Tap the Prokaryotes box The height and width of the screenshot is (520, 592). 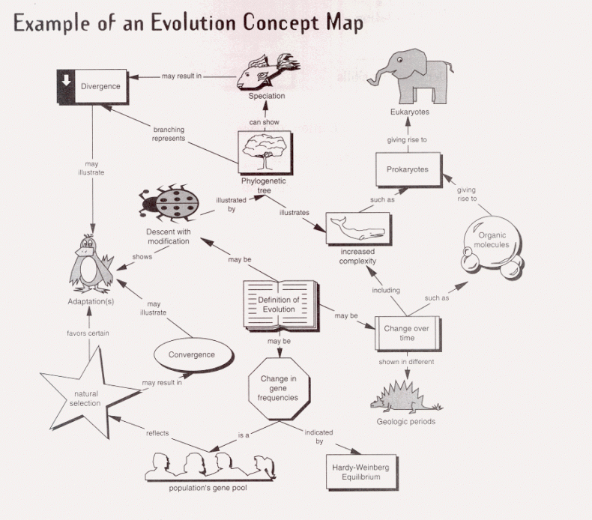click(407, 169)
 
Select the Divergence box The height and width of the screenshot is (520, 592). click(100, 86)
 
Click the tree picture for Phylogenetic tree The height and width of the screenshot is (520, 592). click(262, 152)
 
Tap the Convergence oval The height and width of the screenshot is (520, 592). click(191, 354)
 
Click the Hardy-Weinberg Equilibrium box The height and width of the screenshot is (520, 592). click(360, 472)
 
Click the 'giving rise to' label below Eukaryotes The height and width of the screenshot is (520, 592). click(406, 139)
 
